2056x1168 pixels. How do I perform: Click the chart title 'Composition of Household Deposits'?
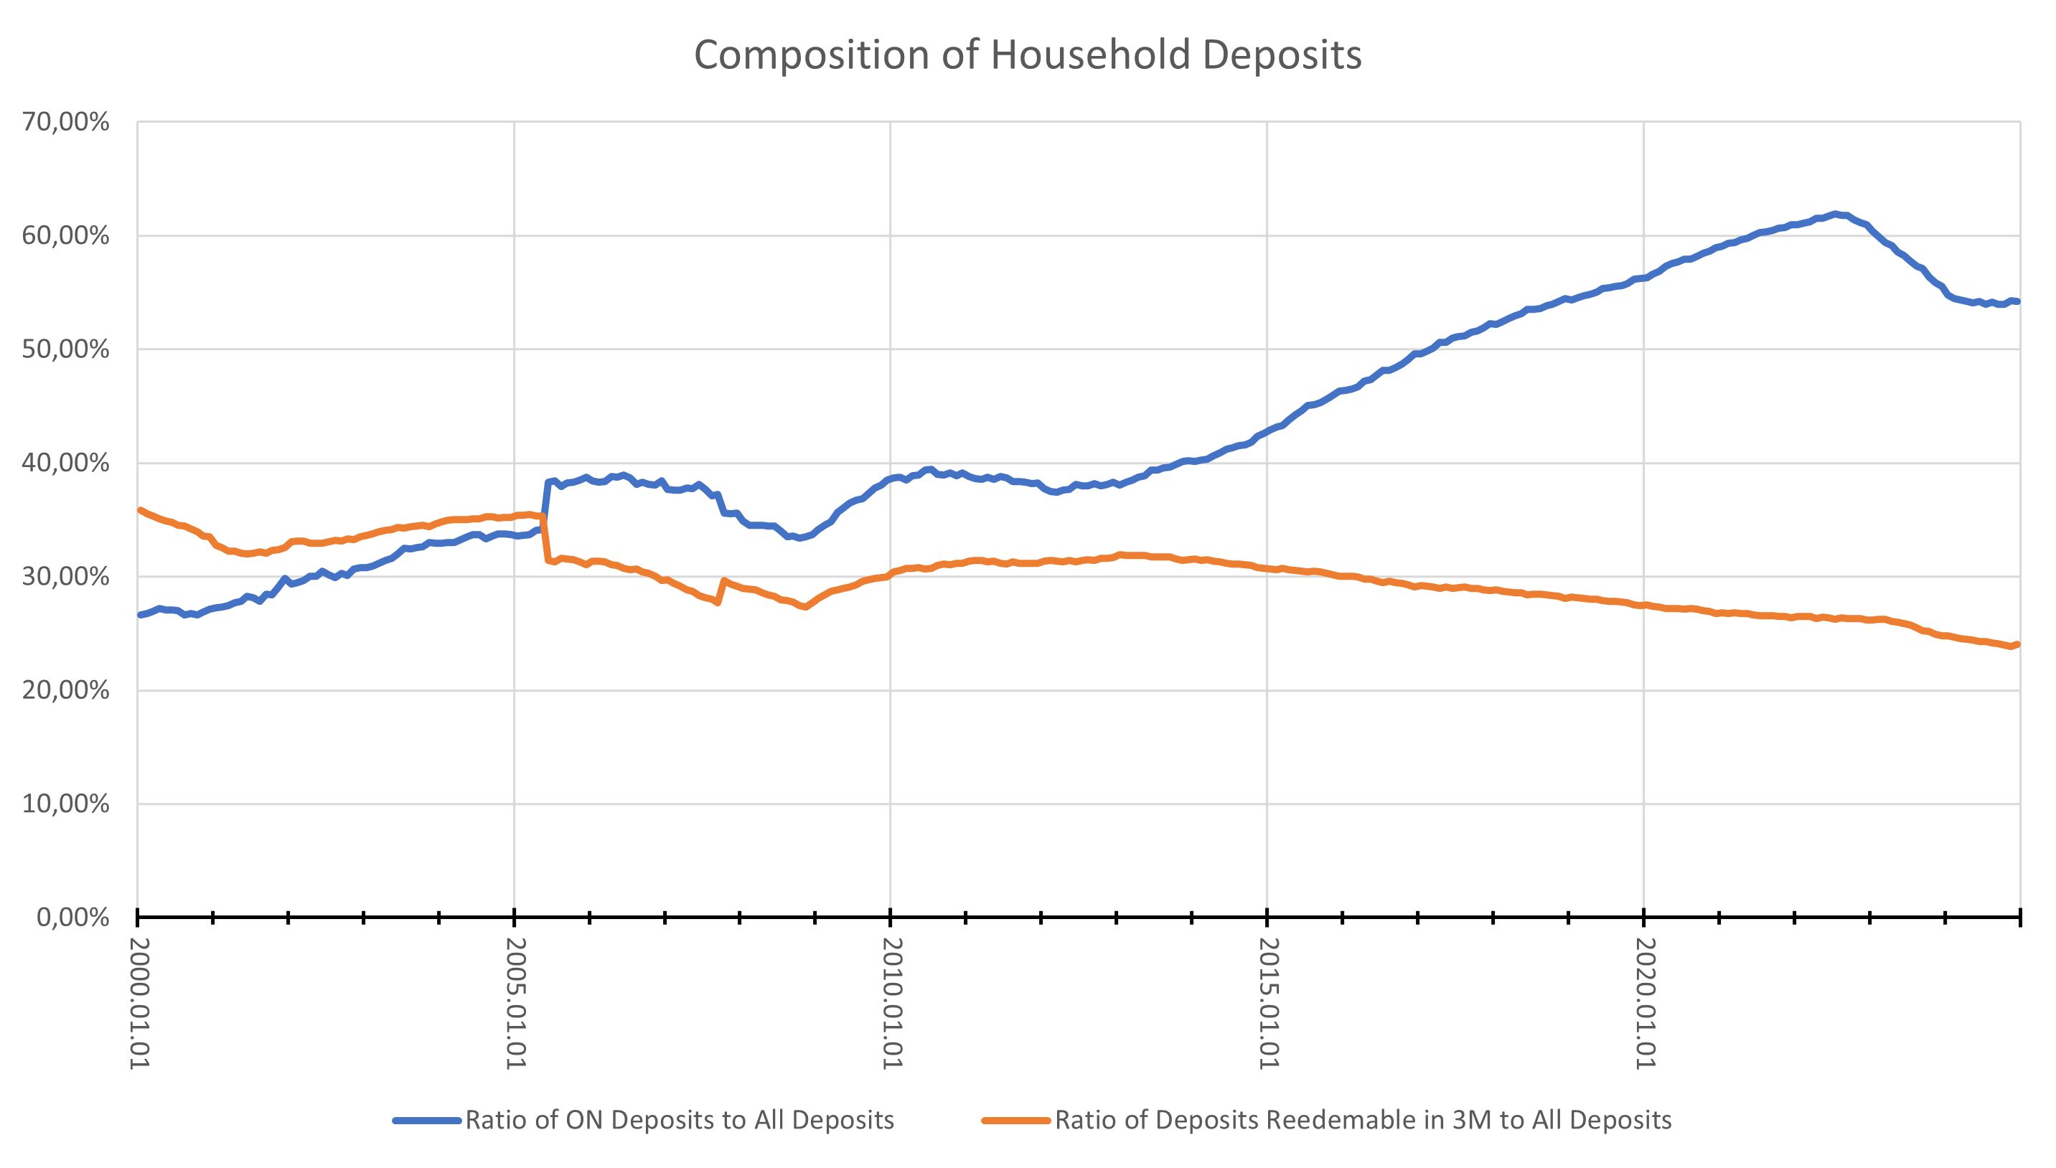coord(1028,55)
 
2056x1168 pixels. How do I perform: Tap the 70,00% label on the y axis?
coord(67,123)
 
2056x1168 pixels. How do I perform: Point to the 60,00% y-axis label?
coord(67,237)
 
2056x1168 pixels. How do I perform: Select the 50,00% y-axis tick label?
coord(67,350)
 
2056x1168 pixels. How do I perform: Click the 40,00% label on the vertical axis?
coord(67,463)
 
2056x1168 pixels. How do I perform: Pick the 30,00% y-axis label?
coord(67,577)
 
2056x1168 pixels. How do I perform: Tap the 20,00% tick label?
coord(67,691)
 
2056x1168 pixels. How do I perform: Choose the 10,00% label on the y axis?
coord(67,804)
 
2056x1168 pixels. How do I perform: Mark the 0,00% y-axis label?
coord(73,917)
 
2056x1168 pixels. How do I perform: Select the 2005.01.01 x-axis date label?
coord(517,1003)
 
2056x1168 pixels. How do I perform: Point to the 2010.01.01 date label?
coord(893,1003)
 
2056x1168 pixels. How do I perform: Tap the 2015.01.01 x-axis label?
coord(1269,1003)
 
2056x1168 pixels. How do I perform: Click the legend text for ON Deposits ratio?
coord(680,1120)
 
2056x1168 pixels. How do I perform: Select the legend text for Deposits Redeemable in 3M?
coord(1363,1120)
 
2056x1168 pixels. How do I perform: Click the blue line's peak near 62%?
coord(1834,215)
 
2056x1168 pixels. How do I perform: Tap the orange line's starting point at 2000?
coord(141,510)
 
